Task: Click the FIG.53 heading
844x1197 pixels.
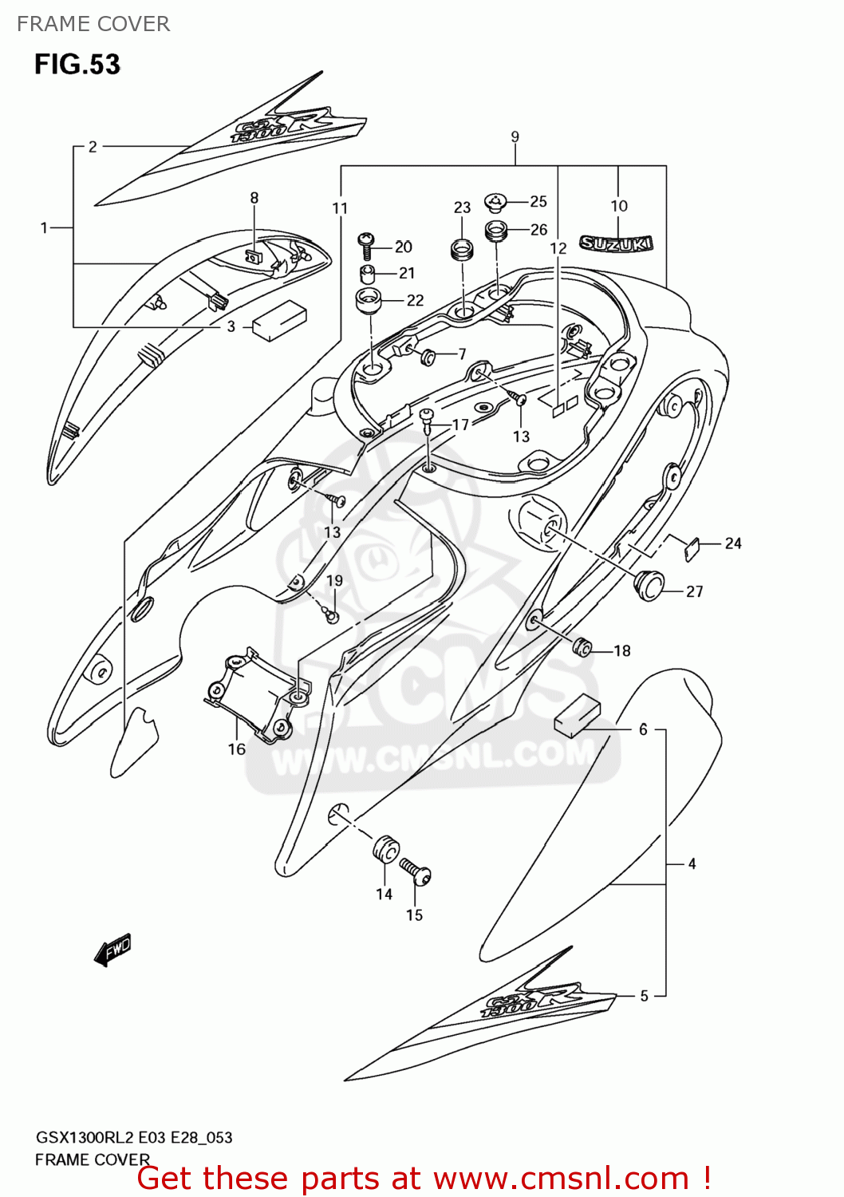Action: [x=77, y=64]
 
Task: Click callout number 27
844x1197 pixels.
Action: [x=694, y=591]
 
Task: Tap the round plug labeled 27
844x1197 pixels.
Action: [x=649, y=583]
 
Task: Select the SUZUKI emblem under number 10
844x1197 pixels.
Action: [x=616, y=243]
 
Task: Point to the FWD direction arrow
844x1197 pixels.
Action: [x=112, y=950]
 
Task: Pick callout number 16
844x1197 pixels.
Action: [x=236, y=749]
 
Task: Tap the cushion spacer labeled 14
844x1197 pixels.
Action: [x=385, y=849]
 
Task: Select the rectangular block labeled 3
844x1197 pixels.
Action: [x=279, y=320]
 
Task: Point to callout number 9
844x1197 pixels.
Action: [x=515, y=136]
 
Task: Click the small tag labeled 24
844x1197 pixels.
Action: [x=692, y=548]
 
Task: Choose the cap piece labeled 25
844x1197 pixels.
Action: [x=495, y=201]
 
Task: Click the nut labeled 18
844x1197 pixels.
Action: [x=582, y=646]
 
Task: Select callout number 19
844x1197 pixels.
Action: [x=334, y=580]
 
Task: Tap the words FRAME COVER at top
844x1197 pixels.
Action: [x=93, y=24]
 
